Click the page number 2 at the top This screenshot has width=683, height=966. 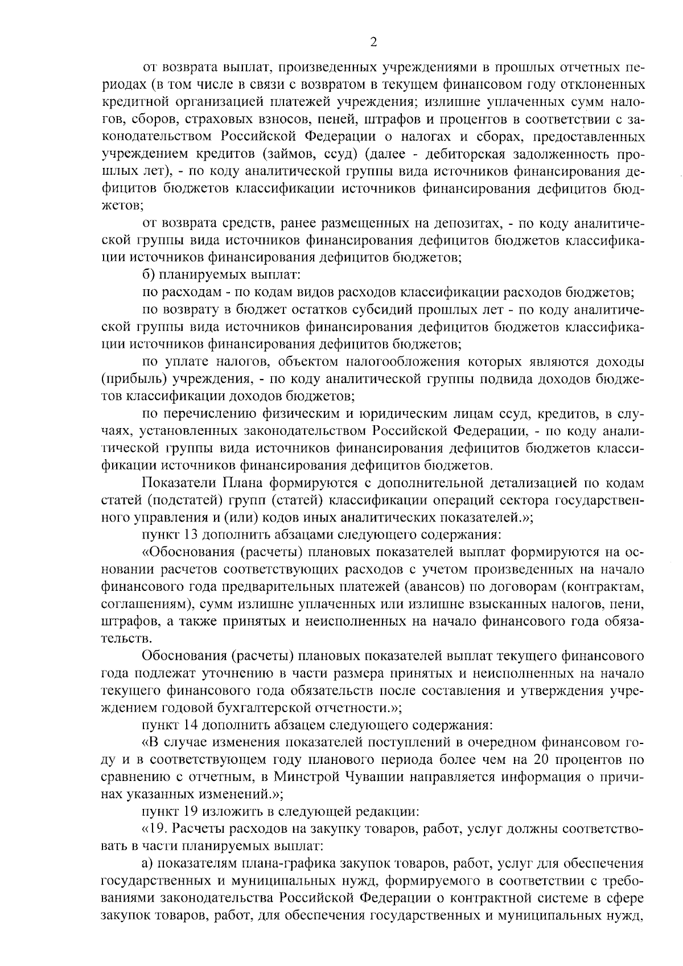[x=373, y=42]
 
